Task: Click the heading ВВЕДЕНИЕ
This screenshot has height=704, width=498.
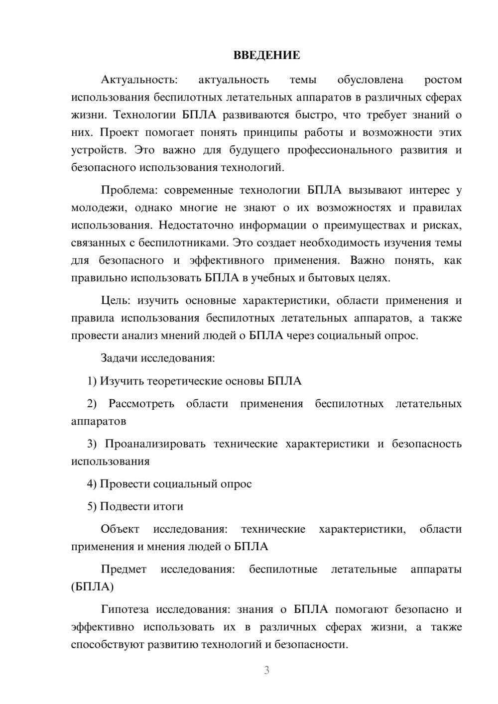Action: pos(266,55)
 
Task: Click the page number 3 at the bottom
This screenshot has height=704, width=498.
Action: pos(266,670)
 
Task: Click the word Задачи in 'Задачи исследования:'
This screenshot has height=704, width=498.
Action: pos(119,358)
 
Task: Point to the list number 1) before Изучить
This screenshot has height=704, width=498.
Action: pos(92,381)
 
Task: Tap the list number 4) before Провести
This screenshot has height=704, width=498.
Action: pos(92,484)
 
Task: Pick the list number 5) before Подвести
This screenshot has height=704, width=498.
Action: pos(92,506)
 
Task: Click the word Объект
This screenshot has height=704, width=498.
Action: pos(120,529)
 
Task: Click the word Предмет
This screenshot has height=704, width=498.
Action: pos(124,569)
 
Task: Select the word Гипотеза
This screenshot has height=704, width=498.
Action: pos(125,609)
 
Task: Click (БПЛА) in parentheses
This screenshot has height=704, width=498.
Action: pos(92,587)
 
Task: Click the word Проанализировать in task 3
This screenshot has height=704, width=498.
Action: pos(155,444)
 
